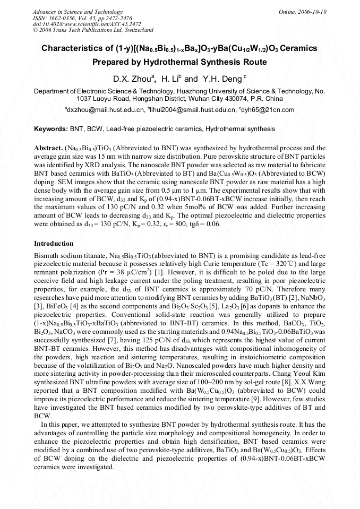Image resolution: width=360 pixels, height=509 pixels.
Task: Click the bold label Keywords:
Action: pyautogui.click(x=51, y=129)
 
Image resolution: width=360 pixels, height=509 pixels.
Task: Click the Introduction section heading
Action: pyautogui.click(x=54, y=244)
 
